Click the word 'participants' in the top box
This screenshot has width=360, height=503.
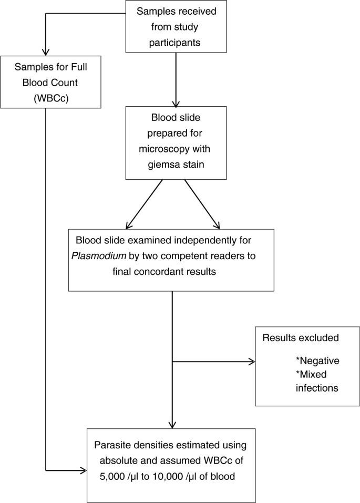(174, 43)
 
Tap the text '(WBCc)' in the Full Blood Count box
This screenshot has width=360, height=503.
(51, 98)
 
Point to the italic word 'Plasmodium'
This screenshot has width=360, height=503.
(99, 255)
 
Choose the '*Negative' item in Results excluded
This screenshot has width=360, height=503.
(317, 361)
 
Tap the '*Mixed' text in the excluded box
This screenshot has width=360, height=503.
(311, 374)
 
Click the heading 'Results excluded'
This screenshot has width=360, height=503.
(301, 337)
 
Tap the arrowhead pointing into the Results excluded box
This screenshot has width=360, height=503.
(252, 362)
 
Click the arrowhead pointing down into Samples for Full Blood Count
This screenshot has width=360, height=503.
(46, 52)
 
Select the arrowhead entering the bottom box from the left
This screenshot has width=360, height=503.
(84, 470)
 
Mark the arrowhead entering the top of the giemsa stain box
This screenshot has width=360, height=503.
(176, 104)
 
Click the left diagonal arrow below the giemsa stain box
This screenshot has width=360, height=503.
(145, 204)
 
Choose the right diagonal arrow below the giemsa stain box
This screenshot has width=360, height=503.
(202, 204)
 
